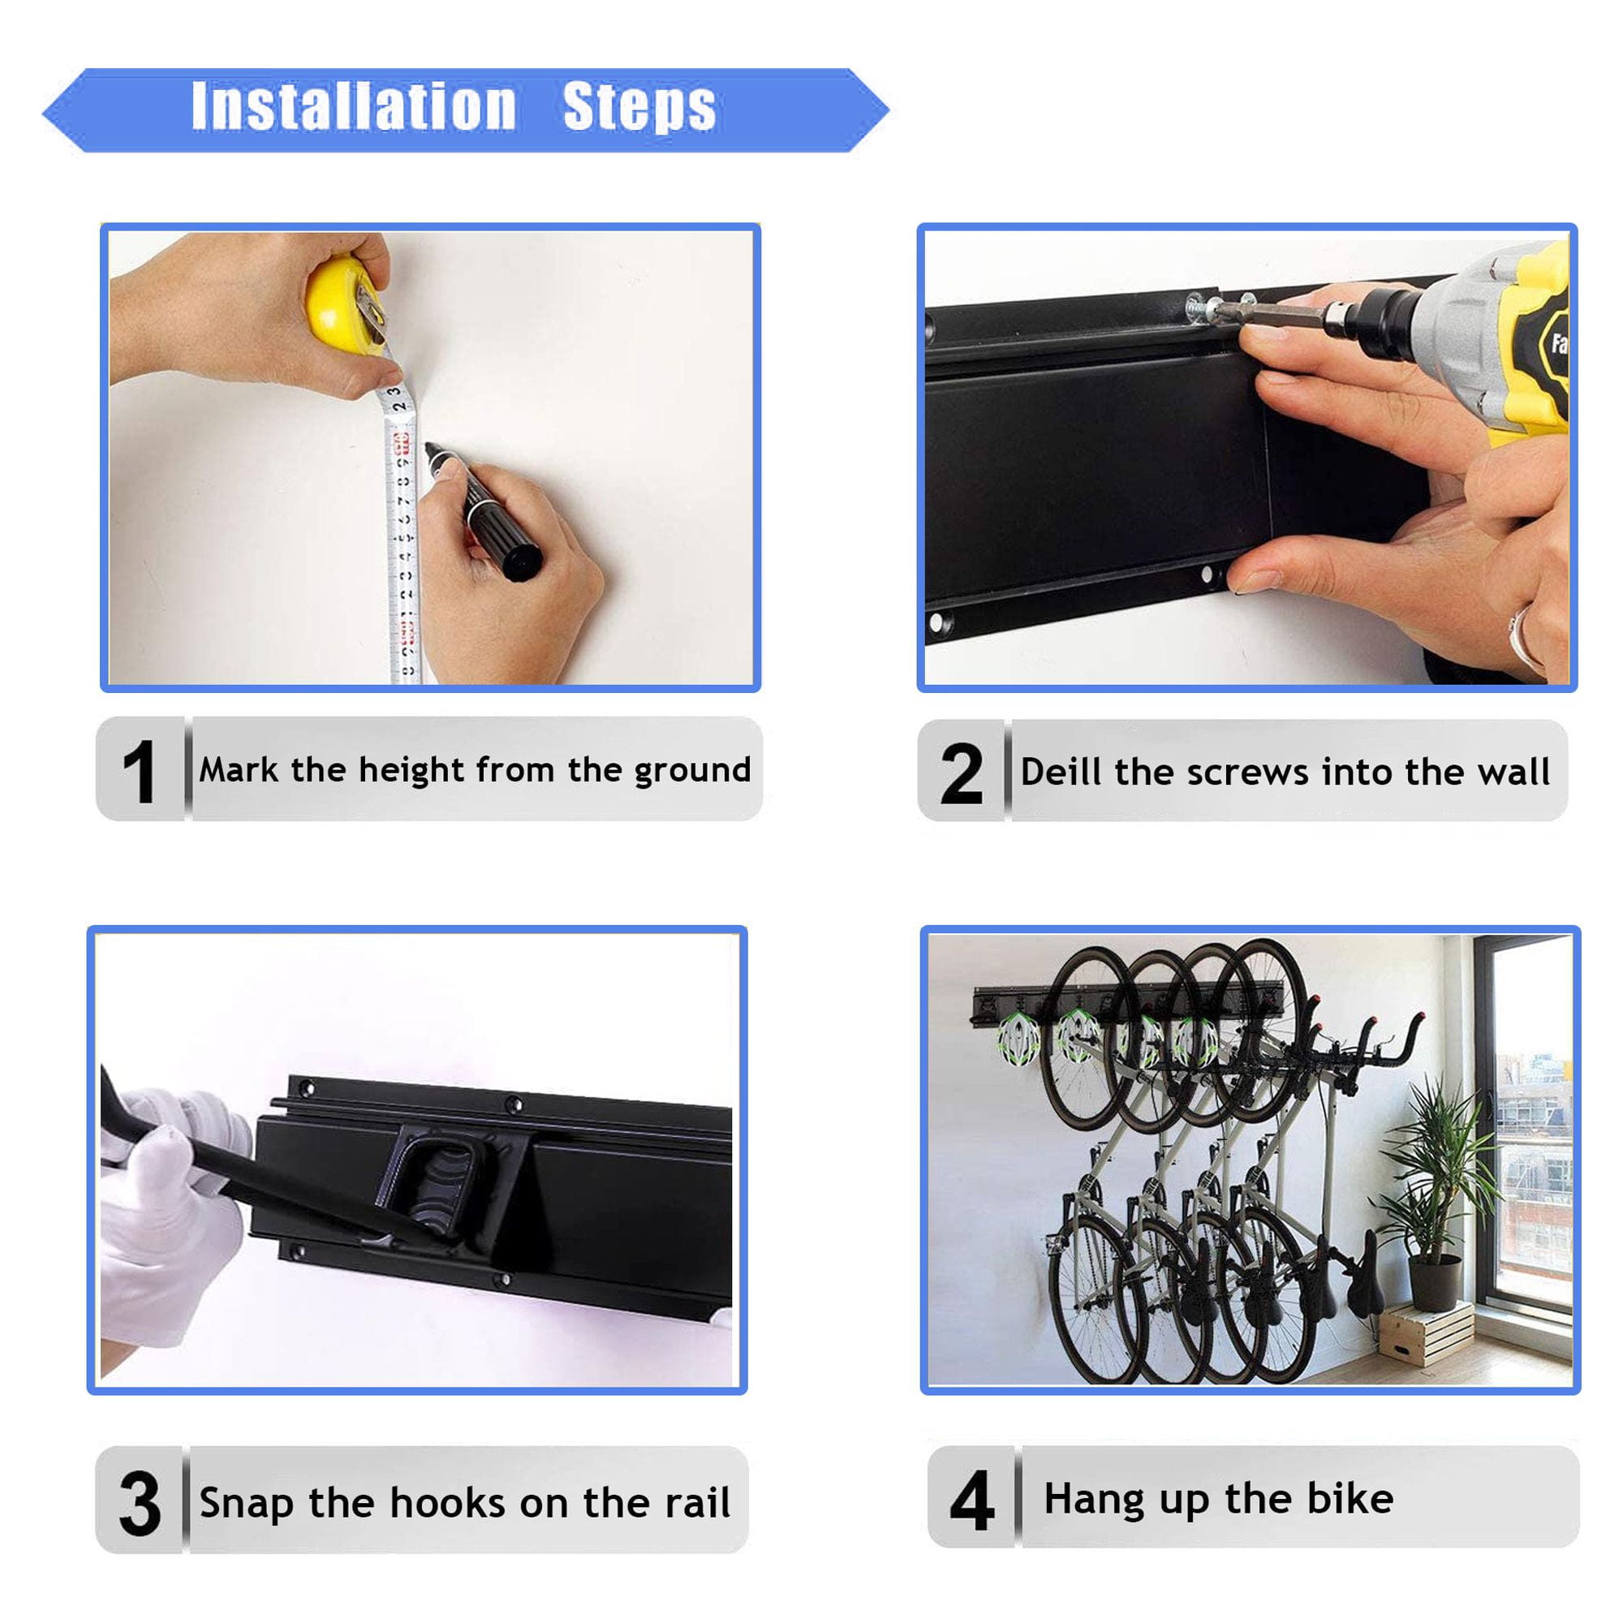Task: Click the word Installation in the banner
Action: click(354, 106)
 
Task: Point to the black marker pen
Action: click(484, 512)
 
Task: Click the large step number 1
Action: click(140, 771)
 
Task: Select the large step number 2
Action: click(961, 773)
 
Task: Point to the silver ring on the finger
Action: click(1525, 639)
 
